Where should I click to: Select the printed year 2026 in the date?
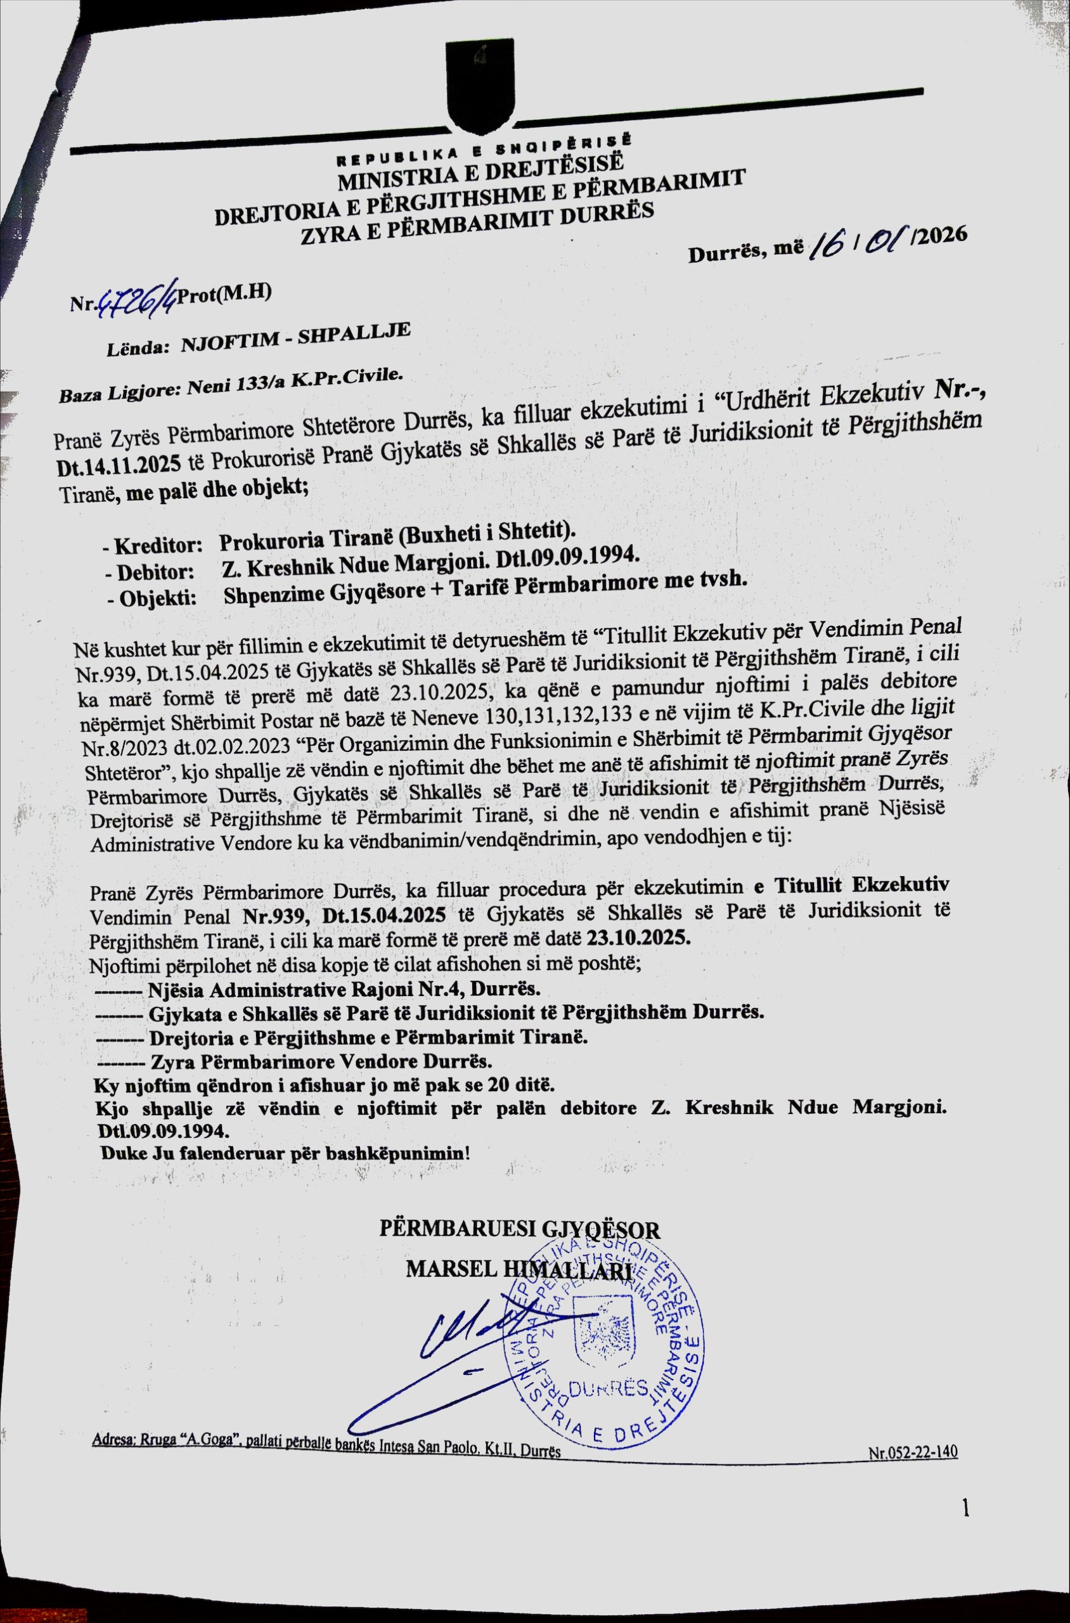coord(943,235)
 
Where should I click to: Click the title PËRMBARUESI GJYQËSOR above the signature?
coord(520,1231)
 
